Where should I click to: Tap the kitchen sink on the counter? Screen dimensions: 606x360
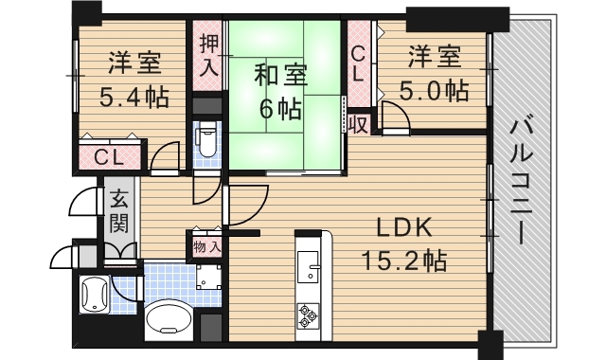[x=308, y=266]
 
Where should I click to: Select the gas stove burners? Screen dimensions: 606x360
[x=308, y=315]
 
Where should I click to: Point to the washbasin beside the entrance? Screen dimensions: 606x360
[x=94, y=295]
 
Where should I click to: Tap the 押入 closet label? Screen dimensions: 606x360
[x=209, y=55]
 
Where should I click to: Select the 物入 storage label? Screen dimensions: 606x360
[x=207, y=246]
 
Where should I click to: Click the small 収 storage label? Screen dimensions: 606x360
[x=358, y=124]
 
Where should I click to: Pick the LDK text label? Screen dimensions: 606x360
[x=404, y=228]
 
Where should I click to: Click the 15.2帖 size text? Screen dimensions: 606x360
[x=404, y=261]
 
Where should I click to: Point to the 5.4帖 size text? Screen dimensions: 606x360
[x=134, y=97]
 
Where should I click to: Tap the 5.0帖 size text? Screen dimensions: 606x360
[x=434, y=91]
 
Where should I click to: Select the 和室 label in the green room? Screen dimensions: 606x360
[x=280, y=75]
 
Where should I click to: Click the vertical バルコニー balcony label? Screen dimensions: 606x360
[x=521, y=180]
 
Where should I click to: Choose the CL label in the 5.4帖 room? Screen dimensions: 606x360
[x=109, y=158]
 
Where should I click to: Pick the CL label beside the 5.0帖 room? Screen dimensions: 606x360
[x=358, y=63]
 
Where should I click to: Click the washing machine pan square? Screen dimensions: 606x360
[x=208, y=277]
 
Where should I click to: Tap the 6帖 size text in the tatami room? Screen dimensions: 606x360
[x=280, y=109]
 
